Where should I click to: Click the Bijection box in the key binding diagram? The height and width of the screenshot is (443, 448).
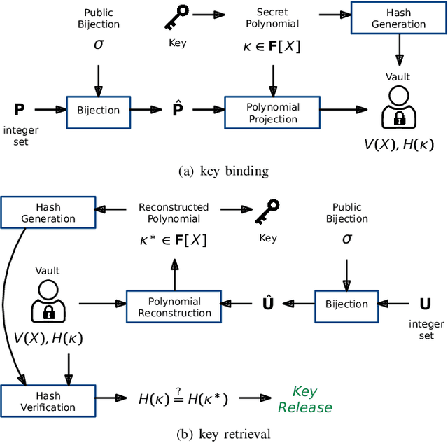click(97, 110)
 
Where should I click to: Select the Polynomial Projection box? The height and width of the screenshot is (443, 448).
click(273, 113)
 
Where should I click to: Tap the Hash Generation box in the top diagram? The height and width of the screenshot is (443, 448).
click(398, 19)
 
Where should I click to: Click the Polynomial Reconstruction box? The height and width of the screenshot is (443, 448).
click(174, 307)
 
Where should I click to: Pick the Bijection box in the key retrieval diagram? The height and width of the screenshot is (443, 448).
click(346, 304)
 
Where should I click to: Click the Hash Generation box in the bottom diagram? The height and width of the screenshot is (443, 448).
click(48, 213)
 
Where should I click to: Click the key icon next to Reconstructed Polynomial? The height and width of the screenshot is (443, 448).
click(267, 213)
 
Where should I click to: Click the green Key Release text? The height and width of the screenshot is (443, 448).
click(304, 400)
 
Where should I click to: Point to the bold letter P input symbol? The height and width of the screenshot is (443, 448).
click(19, 109)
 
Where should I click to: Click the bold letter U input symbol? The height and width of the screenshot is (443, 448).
click(425, 304)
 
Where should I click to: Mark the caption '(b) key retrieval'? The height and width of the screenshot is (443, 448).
click(223, 434)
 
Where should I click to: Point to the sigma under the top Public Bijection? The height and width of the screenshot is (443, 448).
click(98, 45)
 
